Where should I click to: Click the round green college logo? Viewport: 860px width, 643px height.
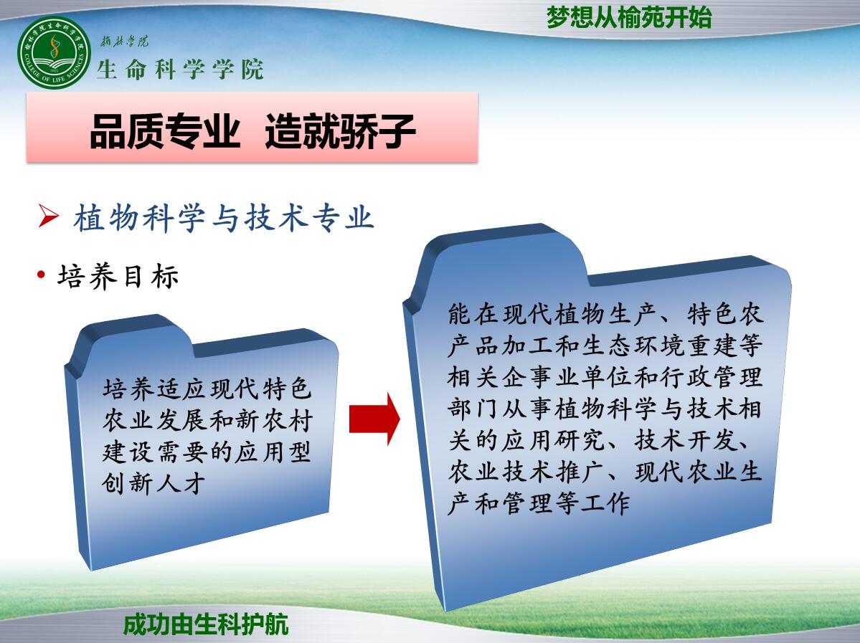tap(53, 52)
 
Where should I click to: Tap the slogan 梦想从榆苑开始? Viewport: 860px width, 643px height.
tap(629, 17)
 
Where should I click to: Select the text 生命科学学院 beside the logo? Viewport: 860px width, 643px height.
tap(181, 70)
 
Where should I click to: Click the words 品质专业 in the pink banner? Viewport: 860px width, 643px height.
tap(165, 132)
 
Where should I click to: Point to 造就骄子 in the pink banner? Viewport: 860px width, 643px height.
tap(340, 132)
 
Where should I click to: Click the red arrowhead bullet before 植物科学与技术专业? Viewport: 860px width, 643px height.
tap(48, 216)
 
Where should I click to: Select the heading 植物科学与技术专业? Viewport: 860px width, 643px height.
tap(224, 218)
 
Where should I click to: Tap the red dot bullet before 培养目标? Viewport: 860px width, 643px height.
tap(41, 274)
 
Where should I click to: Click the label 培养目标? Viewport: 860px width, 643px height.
tap(118, 276)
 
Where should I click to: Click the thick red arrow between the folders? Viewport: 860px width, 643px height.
tap(374, 419)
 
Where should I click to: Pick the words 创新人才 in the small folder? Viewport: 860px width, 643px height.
tap(153, 483)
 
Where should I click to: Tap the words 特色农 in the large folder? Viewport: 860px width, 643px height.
tap(725, 314)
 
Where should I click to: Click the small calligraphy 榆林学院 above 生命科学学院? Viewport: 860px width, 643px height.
tap(124, 41)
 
